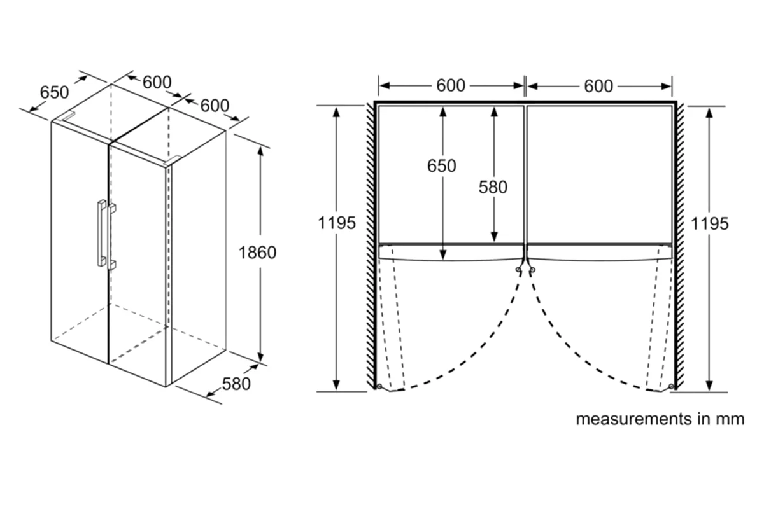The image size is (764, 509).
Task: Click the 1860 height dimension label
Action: coord(257,253)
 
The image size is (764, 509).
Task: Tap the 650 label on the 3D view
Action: coord(55,92)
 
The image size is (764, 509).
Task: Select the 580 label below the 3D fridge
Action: coord(236,384)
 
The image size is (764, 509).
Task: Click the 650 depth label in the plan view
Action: coord(442,165)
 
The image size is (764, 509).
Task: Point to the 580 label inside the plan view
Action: coord(493,187)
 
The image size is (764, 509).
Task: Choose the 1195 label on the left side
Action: coord(337,223)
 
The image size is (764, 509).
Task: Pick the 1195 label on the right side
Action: coord(710,224)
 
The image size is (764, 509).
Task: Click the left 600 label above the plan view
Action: coord(451,85)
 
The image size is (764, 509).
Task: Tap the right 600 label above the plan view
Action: coord(598,86)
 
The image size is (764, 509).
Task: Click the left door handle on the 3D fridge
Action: coord(101,233)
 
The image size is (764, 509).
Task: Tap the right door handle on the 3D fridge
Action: coord(112,237)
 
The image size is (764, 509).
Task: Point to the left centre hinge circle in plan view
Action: coord(518,270)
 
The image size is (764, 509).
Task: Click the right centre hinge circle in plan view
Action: coord(532,270)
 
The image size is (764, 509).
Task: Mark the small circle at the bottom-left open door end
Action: coord(379,386)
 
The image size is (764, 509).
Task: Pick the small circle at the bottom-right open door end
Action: coord(671,386)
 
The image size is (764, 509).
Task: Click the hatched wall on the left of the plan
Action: coord(371,246)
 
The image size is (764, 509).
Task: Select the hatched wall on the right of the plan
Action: coord(680,246)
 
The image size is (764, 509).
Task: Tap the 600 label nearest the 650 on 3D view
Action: coord(157,82)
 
